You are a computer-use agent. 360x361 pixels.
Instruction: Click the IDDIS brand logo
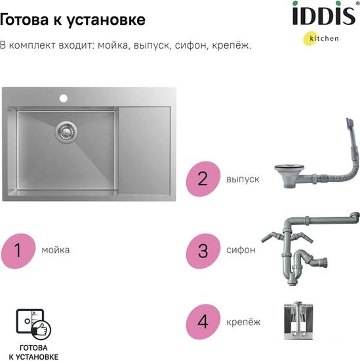point(324,14)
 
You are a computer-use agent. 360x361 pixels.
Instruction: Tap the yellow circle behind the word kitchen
point(310,38)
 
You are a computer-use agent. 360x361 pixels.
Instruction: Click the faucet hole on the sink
point(63,98)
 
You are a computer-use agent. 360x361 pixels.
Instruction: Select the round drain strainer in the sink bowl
point(66,132)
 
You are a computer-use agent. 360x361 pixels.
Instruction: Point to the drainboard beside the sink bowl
point(144,150)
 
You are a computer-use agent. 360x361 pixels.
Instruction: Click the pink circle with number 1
point(18,251)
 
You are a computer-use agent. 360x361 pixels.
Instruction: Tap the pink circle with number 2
point(203,179)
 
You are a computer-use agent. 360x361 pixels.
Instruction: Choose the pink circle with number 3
point(203,251)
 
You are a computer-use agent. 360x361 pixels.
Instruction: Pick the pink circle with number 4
point(203,322)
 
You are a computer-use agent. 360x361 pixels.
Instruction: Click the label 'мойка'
point(56,250)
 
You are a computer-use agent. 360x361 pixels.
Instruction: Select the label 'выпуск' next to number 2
point(243,179)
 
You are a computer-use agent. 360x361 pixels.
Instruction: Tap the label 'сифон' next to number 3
point(241,250)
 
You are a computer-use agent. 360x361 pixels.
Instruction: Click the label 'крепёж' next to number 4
point(243,322)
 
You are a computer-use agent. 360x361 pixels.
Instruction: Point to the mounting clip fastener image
point(298,321)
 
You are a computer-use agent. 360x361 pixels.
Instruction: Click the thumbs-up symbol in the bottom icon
point(41,329)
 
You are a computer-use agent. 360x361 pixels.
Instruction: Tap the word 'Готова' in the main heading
point(24,19)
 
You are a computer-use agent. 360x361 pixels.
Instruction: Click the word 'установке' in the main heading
point(106,20)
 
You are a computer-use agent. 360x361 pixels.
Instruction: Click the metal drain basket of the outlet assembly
point(287,176)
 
